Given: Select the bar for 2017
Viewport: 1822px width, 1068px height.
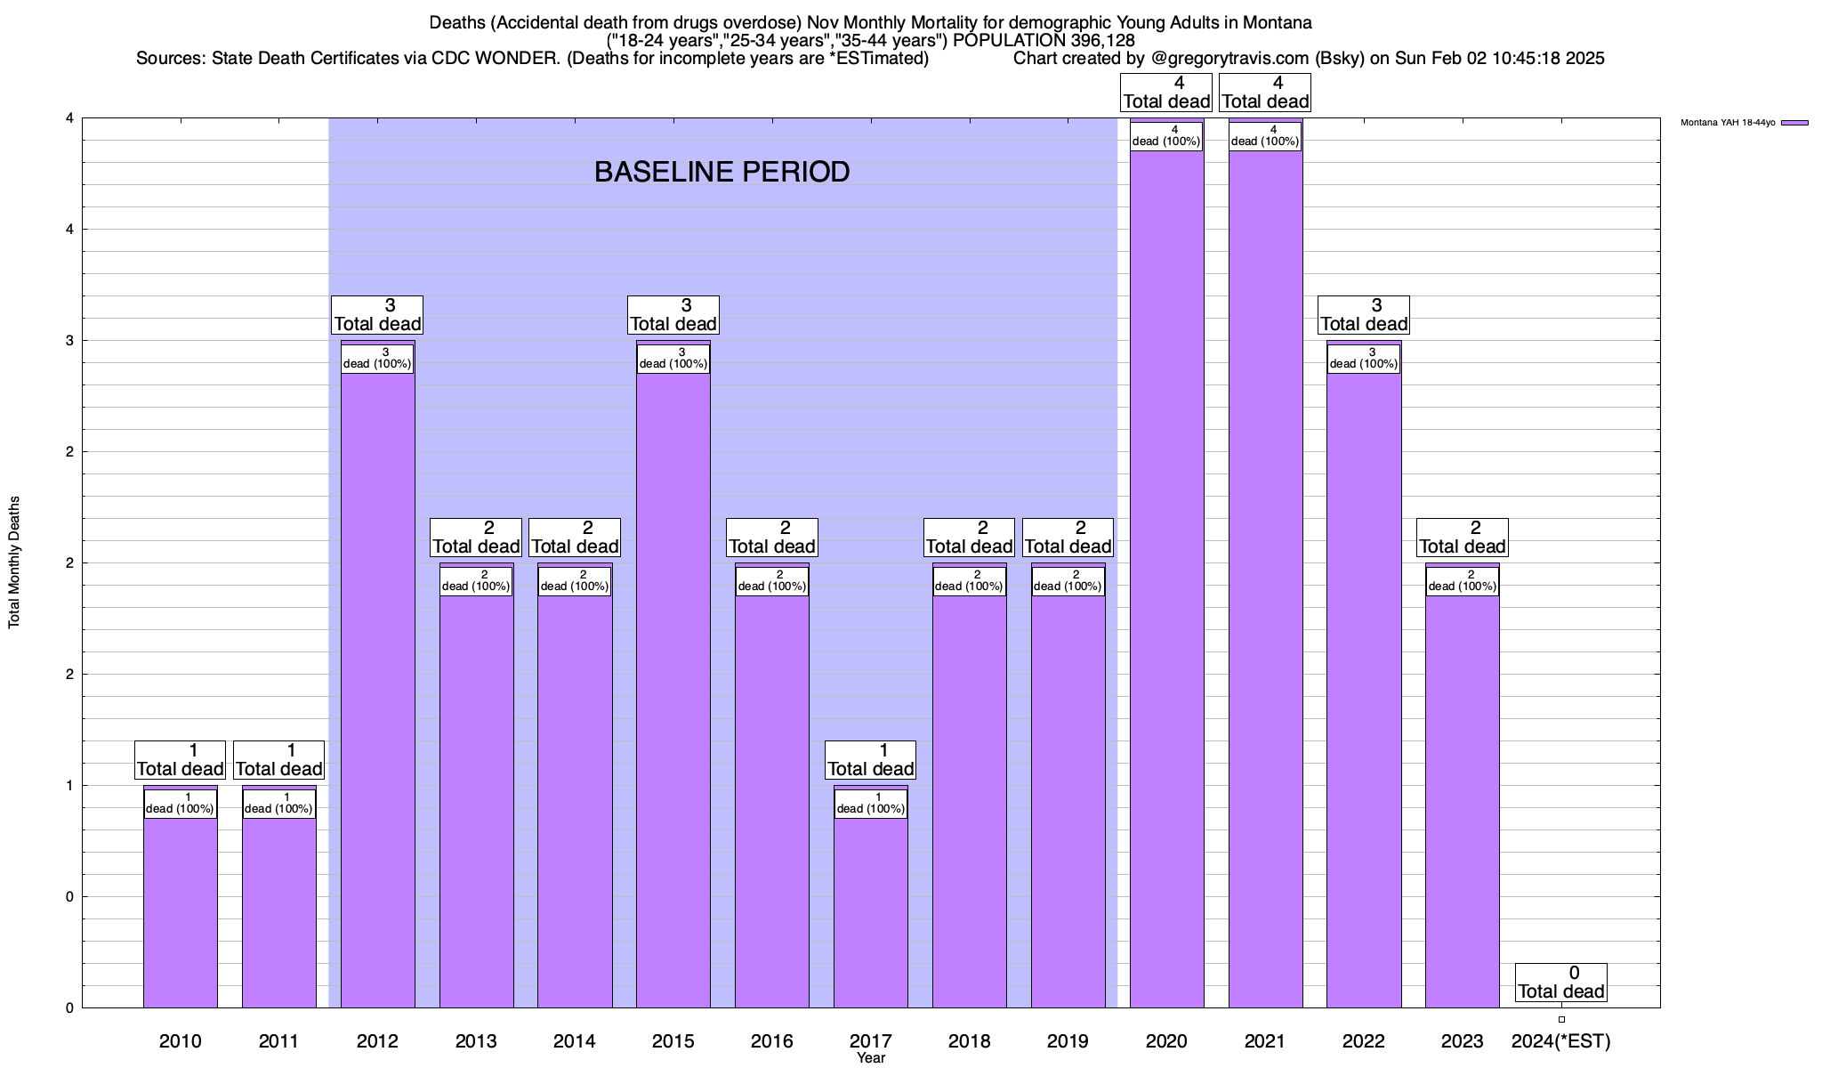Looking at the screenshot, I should [x=870, y=908].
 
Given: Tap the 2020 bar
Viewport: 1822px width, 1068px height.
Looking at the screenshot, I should [x=1166, y=578].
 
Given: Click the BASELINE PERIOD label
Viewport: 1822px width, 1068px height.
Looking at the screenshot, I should [x=722, y=172].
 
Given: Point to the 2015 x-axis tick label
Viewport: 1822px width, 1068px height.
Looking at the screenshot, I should [x=673, y=1040].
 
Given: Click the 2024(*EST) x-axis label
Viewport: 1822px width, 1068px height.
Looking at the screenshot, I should [x=1560, y=1040].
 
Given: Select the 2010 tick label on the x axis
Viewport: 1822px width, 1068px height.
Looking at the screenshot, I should [x=180, y=1040].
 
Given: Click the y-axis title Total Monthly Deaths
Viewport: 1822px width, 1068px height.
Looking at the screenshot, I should [x=14, y=562].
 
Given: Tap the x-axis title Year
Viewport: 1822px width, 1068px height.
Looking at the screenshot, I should [x=871, y=1058].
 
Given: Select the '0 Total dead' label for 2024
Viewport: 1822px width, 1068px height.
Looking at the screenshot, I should [x=1560, y=983].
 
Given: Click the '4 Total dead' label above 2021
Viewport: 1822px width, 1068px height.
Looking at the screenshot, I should [x=1264, y=93].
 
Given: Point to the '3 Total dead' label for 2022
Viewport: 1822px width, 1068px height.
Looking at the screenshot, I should [x=1363, y=315].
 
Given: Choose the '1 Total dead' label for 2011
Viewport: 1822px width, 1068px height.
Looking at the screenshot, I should [x=278, y=760].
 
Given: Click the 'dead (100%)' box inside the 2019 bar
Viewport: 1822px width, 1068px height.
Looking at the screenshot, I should [x=1068, y=581].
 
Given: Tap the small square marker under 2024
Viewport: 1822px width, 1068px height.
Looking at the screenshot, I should [x=1561, y=1020].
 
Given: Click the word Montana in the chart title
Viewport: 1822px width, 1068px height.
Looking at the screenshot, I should [x=1279, y=22].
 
